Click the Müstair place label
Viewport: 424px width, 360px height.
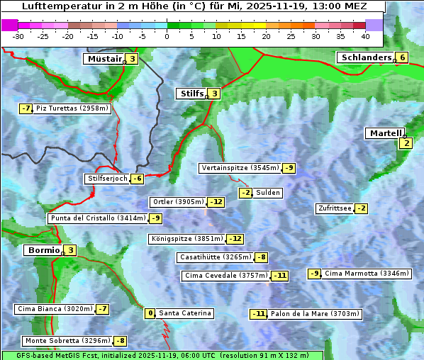coord(104,59)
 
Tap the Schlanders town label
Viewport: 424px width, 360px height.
coord(365,57)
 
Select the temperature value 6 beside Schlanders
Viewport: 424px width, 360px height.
coord(402,57)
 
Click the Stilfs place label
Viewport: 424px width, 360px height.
coord(191,93)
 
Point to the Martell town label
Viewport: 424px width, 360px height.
coord(384,133)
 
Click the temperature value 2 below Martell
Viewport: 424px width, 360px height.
coord(406,143)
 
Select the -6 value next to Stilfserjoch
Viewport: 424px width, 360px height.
coord(138,179)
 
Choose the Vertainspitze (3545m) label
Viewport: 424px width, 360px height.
coord(240,168)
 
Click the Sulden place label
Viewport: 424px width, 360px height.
coord(268,193)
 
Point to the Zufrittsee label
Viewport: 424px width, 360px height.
coord(335,208)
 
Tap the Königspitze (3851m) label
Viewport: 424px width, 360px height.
coord(186,239)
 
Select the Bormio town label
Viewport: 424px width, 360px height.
coord(42,250)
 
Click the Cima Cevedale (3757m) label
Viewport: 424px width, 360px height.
coord(226,275)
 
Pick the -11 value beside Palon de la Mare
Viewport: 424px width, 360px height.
coord(259,314)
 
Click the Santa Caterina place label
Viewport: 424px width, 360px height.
coord(184,313)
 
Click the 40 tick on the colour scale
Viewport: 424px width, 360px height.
coord(365,35)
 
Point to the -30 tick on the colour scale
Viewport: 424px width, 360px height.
coord(18,35)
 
